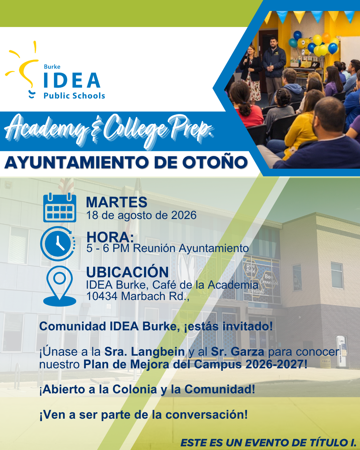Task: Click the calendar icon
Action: click(60, 208)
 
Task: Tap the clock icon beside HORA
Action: click(58, 244)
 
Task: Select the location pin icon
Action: click(60, 286)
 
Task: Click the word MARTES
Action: click(117, 202)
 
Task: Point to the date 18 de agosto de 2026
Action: click(141, 215)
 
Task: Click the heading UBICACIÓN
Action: click(127, 272)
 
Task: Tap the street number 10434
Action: click(102, 296)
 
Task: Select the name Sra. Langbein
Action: click(145, 352)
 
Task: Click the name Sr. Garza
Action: click(238, 352)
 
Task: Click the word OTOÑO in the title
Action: click(215, 162)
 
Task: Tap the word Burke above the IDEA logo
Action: click(52, 67)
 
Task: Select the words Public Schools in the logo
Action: click(74, 96)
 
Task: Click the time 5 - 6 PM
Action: click(108, 248)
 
